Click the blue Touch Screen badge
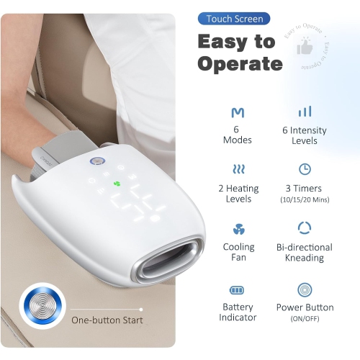point(235,18)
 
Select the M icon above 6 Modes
point(237,112)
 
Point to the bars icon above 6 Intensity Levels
point(305,112)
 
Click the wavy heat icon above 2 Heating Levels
point(237,169)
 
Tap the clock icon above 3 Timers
point(305,169)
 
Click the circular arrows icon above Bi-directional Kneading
point(305,228)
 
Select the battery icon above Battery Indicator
point(237,289)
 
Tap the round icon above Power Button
point(305,289)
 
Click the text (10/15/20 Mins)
point(305,199)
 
